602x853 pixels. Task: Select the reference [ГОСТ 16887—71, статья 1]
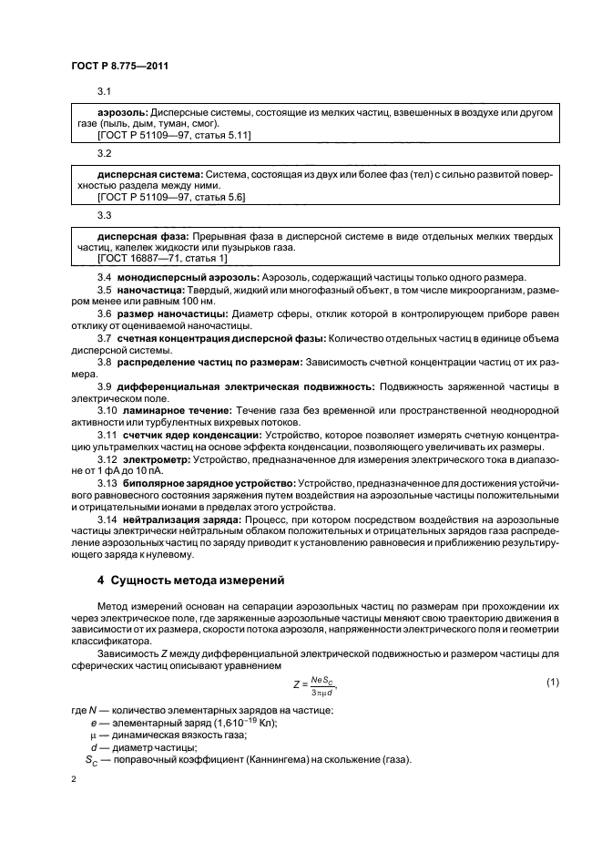(162, 259)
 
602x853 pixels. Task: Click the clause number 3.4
(105, 277)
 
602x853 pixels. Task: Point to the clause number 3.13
(107, 482)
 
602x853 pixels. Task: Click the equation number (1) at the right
(551, 682)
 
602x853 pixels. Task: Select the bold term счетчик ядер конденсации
(191, 435)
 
